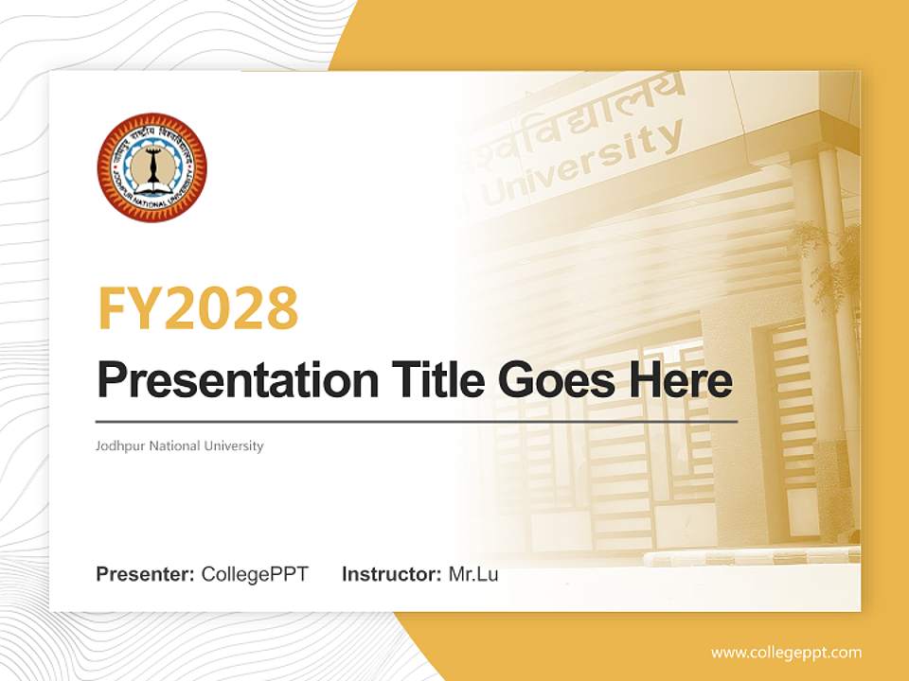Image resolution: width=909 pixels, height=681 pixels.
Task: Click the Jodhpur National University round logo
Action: point(151,167)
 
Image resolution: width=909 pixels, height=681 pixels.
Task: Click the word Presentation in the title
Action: point(224,380)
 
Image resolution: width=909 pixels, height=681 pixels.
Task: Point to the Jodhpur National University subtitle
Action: point(180,445)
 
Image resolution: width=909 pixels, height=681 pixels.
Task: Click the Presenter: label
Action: point(146,574)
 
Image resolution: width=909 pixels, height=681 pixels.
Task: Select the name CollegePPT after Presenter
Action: point(255,574)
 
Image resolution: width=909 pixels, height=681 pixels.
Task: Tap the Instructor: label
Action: point(391,574)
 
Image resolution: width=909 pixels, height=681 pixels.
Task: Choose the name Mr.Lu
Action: point(473,574)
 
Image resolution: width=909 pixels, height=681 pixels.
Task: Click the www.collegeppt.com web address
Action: point(786,652)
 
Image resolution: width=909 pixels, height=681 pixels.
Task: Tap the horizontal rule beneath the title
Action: point(417,421)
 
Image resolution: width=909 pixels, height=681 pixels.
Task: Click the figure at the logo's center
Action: point(151,167)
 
